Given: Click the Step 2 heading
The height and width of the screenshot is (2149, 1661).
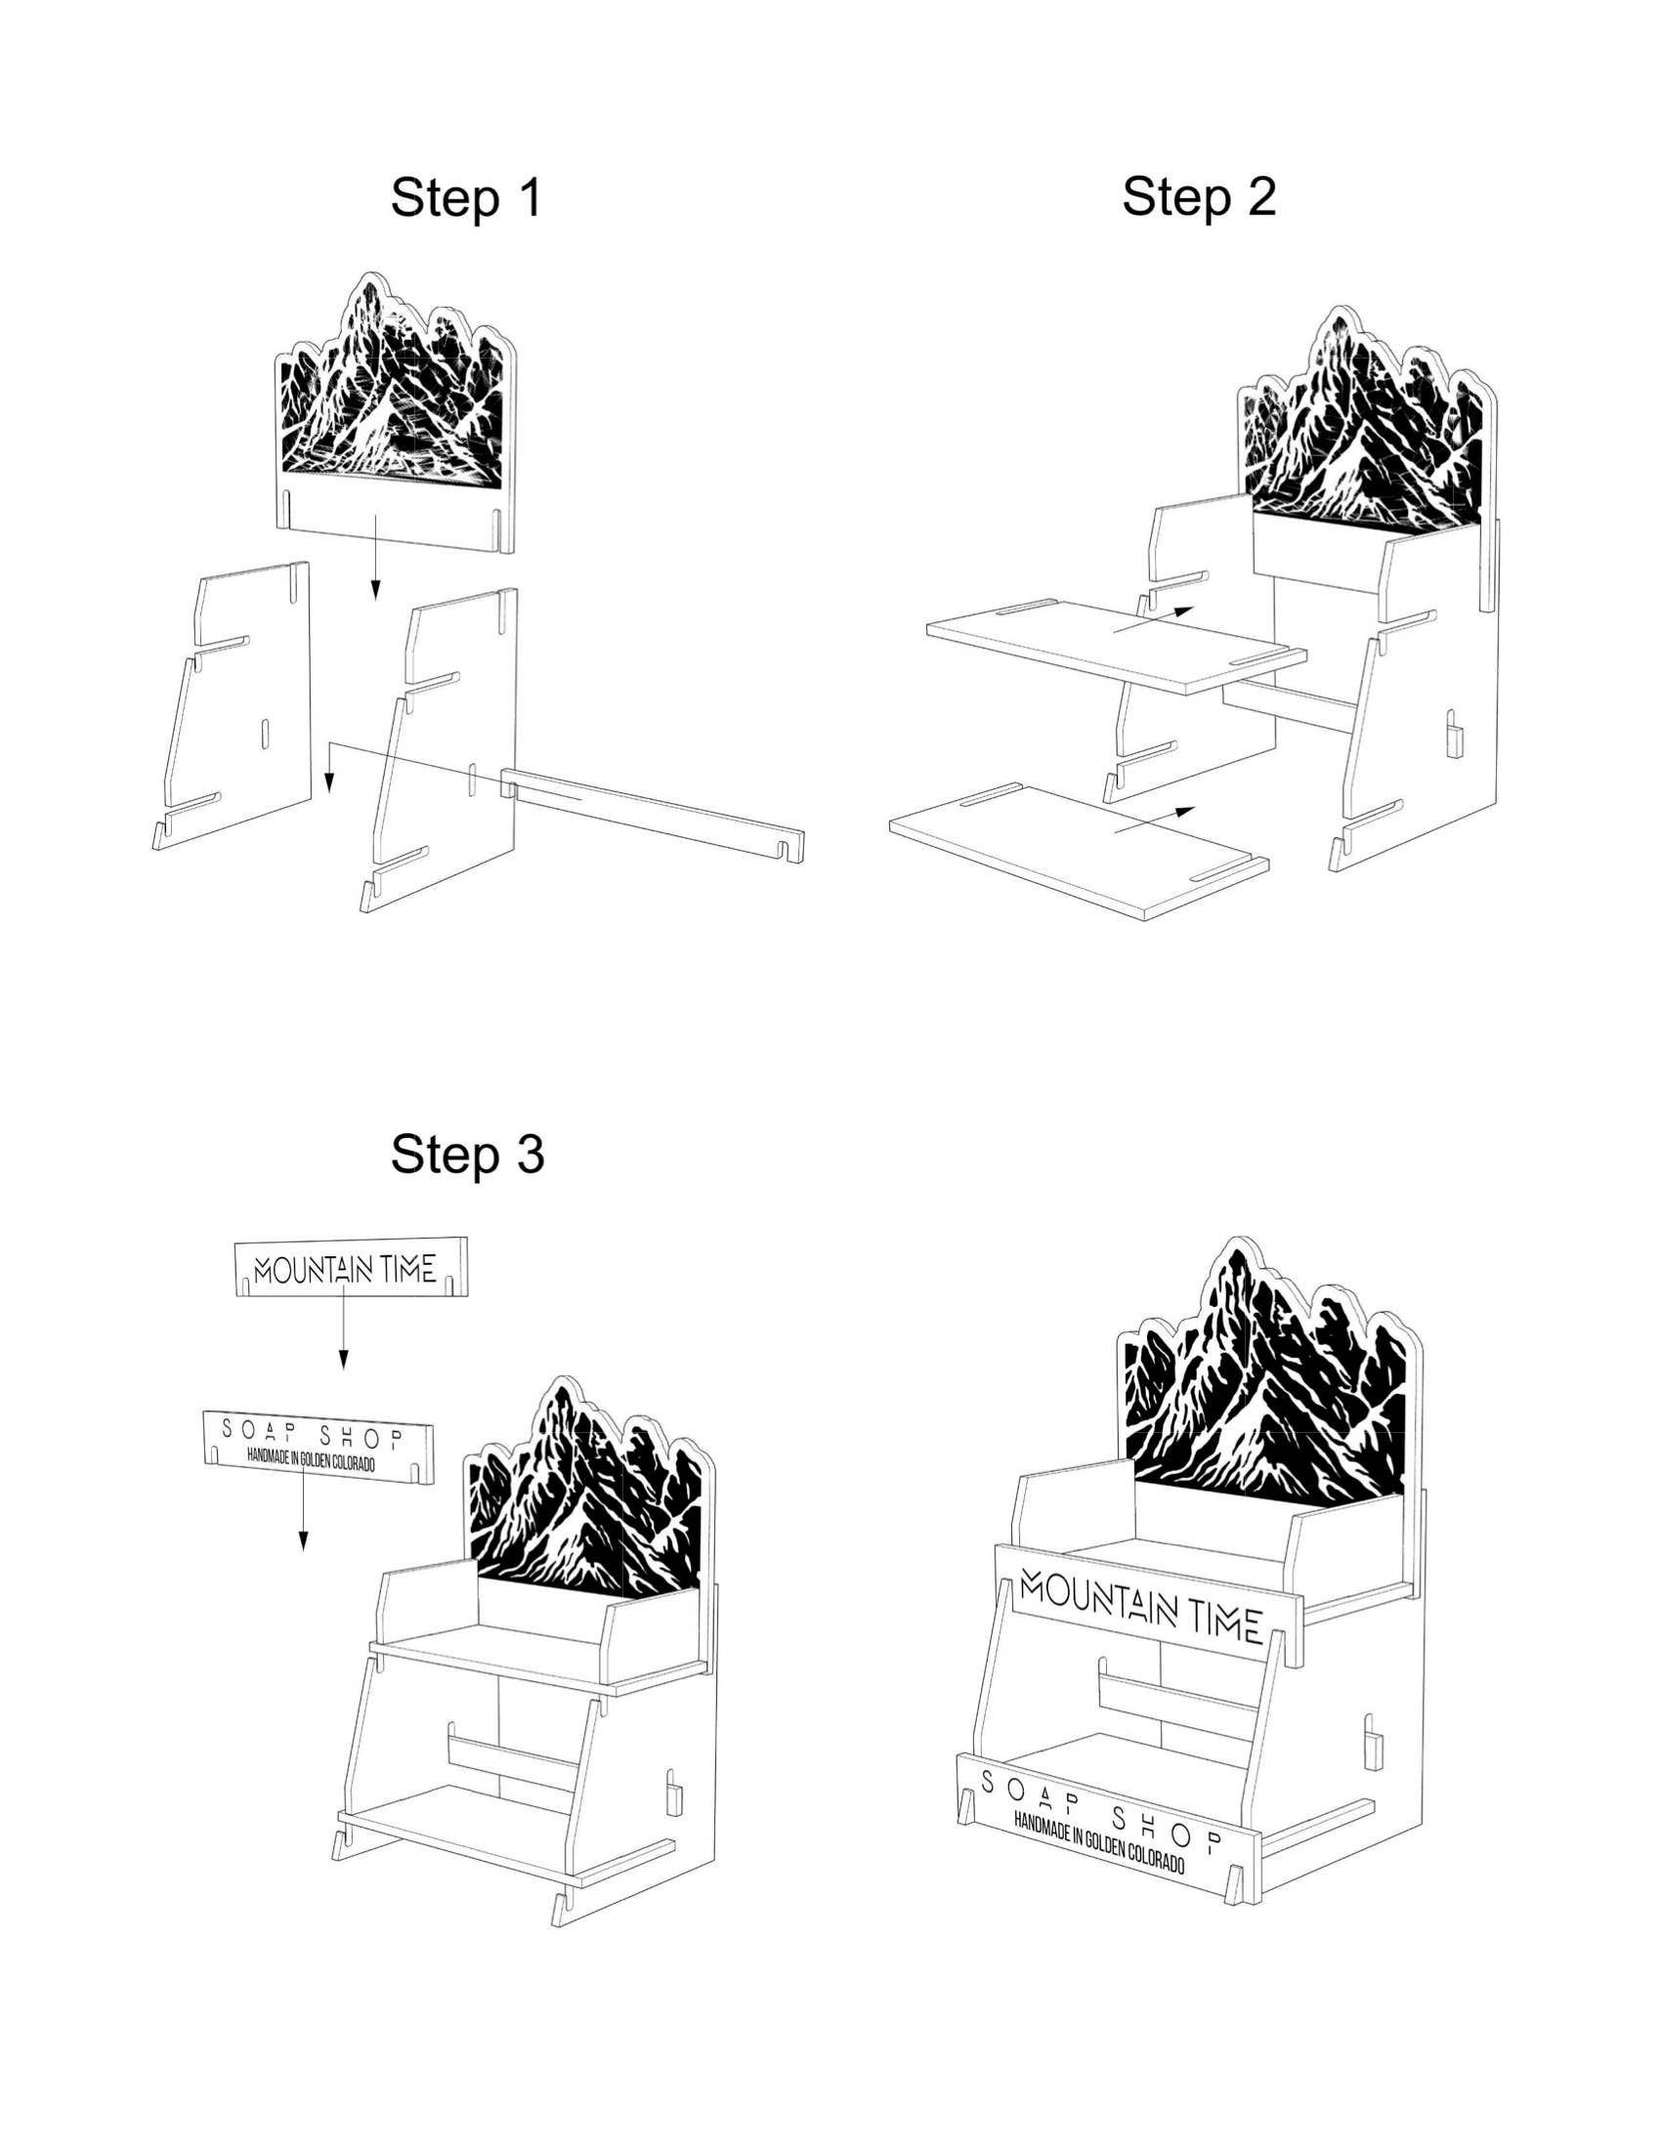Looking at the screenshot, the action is coord(1199,195).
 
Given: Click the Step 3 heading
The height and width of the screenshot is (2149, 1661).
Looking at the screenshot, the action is coord(466,1154).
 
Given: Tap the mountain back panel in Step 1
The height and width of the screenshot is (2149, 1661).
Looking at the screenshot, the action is coord(394,413).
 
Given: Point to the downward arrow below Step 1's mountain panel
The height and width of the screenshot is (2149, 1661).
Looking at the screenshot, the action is coord(374,556).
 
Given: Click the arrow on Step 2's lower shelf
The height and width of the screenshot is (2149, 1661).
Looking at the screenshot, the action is coord(1154,820).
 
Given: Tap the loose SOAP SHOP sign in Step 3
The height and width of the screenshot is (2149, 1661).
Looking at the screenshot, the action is coord(318,1448).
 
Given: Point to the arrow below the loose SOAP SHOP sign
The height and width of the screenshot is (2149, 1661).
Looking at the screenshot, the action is coord(303,1514).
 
